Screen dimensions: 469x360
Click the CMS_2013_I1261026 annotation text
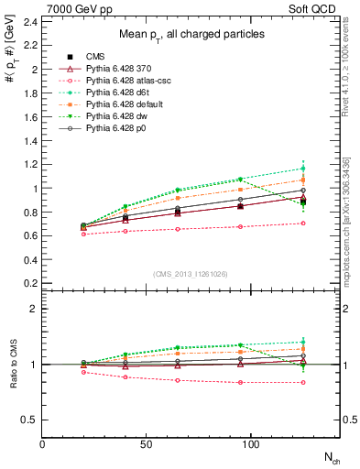[x=191, y=274]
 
